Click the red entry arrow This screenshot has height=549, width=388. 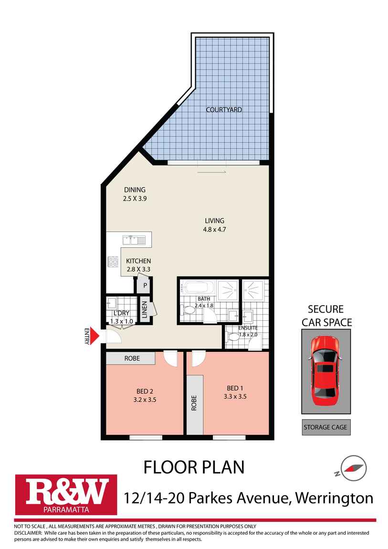point(94,337)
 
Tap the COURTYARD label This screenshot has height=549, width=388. point(224,110)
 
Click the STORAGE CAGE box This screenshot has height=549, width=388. point(325,427)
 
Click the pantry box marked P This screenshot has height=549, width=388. point(144,285)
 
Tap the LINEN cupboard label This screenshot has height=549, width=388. point(144,308)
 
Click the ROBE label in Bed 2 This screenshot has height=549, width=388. point(132,358)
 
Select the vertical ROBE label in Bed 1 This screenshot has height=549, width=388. point(194,404)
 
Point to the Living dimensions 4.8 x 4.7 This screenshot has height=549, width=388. point(214,229)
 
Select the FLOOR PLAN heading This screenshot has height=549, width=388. point(194,467)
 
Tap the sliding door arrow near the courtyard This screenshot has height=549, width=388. point(211,171)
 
